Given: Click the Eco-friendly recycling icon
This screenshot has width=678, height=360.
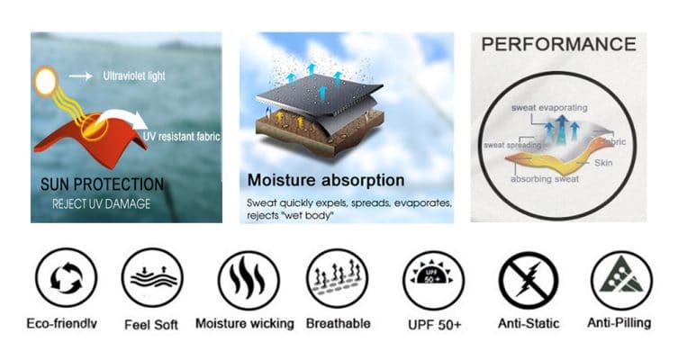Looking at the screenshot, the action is [x=66, y=278].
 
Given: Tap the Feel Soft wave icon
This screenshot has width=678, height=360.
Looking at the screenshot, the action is [x=152, y=278].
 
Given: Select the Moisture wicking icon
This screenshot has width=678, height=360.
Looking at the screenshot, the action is [x=249, y=281].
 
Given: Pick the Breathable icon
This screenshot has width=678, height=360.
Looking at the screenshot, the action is [x=338, y=279].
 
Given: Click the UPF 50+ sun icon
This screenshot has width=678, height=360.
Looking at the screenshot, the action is [x=433, y=281].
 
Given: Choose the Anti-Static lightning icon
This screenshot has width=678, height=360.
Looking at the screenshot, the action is [x=529, y=281].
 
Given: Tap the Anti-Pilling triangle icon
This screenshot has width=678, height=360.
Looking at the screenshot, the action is [x=621, y=281].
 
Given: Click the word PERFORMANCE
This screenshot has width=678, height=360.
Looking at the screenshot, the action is [x=558, y=44].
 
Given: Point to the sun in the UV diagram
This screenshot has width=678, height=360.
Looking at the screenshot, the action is [x=45, y=81].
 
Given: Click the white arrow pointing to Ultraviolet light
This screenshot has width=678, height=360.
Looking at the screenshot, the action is [x=81, y=76].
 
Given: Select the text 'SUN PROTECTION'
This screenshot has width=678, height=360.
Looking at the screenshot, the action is [x=102, y=184].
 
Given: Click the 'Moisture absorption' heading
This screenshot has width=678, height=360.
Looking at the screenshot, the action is [x=326, y=180].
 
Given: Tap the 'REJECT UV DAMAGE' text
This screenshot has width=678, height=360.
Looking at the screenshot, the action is [x=101, y=203].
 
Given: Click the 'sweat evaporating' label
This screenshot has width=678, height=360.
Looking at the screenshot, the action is [x=549, y=108].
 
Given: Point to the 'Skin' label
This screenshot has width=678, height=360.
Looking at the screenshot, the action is [x=603, y=163].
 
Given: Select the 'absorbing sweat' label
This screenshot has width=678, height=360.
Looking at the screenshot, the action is [x=545, y=179].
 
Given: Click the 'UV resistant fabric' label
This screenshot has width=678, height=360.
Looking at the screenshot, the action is [x=182, y=137].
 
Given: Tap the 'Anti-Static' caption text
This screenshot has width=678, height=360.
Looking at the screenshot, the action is [x=529, y=323].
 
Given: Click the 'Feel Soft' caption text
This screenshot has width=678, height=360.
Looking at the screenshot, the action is [x=151, y=325].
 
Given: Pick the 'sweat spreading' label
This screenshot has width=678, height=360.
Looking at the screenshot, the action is [x=512, y=145].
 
